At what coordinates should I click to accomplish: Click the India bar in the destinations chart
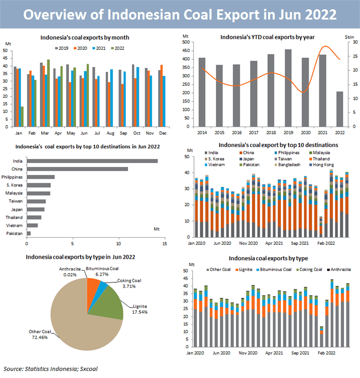[93, 161]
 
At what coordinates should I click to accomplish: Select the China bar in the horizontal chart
[77, 169]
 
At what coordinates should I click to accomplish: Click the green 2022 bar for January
[22, 117]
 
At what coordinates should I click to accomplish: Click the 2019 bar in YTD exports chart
[288, 88]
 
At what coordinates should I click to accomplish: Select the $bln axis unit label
[348, 38]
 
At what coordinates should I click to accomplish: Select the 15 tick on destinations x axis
[165, 244]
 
